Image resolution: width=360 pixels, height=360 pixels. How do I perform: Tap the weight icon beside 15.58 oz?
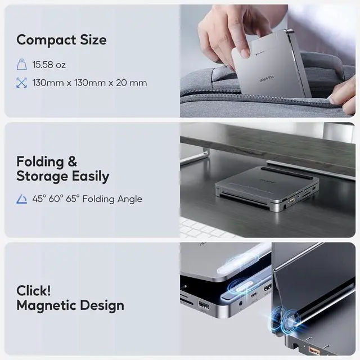pos(22,65)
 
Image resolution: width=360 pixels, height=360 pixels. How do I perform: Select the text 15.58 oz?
pos(49,65)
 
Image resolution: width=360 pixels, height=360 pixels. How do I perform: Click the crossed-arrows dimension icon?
pos(22,83)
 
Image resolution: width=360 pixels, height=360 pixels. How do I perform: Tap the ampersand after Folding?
pos(73,162)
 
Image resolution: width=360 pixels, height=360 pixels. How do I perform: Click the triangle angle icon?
pos(22,199)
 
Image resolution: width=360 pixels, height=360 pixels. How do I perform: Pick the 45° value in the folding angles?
pos(38,199)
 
